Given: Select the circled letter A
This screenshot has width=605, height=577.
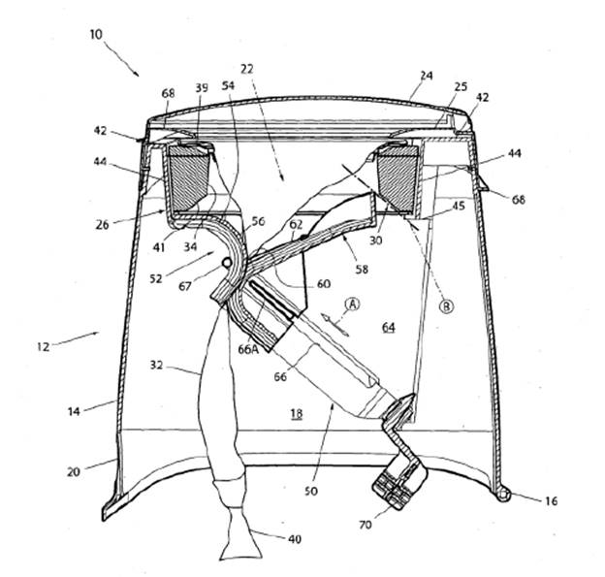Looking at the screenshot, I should tap(353, 303).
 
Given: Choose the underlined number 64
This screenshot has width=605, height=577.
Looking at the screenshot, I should tap(388, 328).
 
